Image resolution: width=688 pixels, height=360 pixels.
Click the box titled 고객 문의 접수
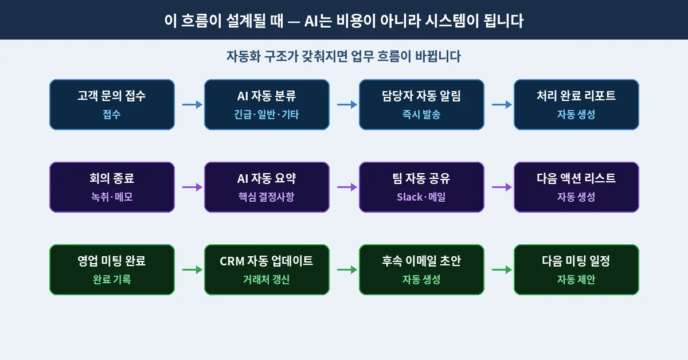[x=112, y=104]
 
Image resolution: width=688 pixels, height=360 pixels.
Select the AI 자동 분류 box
[x=267, y=104]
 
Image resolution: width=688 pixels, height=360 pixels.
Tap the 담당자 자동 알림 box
[x=421, y=104]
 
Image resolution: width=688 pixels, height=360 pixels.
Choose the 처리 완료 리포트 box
[x=576, y=104]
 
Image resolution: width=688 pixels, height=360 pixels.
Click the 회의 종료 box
[x=112, y=187]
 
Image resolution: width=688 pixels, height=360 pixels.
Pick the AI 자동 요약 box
[x=267, y=187]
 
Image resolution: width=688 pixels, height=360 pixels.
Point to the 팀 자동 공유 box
[x=421, y=187]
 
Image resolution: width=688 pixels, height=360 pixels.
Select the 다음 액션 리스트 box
[x=576, y=187]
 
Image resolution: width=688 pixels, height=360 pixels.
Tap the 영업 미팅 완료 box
[x=112, y=269]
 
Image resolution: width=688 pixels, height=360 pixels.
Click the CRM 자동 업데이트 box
[x=267, y=269]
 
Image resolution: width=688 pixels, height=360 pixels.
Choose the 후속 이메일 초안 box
[x=421, y=269]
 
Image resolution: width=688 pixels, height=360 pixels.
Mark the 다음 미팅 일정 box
[x=576, y=269]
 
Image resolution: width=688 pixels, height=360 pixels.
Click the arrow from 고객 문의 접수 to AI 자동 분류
[x=192, y=104]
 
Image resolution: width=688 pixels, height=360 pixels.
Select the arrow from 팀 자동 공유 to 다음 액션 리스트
[x=502, y=187]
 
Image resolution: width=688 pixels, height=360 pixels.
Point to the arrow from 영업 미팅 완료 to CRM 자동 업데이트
[x=192, y=269]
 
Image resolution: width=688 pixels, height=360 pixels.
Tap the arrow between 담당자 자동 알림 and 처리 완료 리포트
[x=502, y=104]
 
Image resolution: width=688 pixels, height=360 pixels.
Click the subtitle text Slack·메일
[x=421, y=197]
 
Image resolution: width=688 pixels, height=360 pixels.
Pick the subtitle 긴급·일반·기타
[x=267, y=115]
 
